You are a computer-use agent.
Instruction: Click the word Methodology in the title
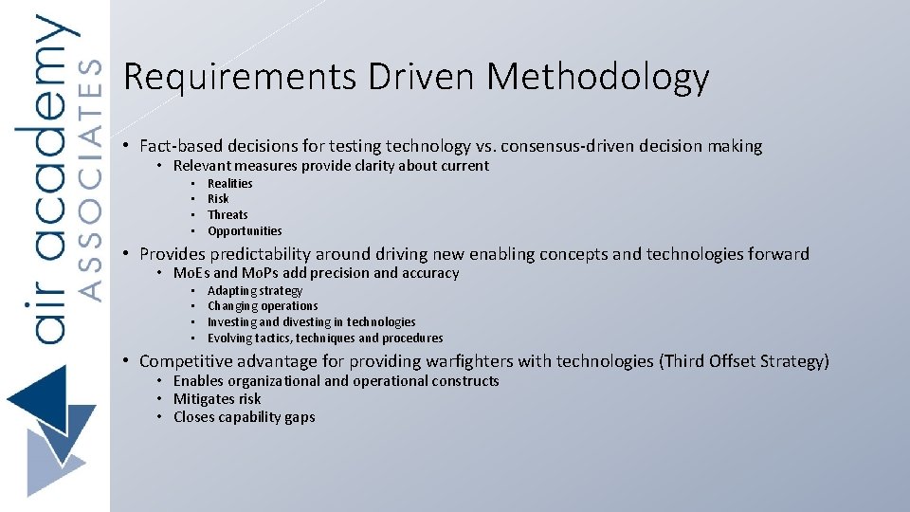point(598,78)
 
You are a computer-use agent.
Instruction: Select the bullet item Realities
point(230,183)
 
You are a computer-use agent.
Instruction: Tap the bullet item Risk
point(218,199)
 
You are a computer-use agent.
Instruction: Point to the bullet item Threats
point(227,215)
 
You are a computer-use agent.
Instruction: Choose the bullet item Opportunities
point(245,231)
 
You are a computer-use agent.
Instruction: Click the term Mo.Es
point(191,273)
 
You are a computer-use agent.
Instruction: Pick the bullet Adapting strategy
point(255,291)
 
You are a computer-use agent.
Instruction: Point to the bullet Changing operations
point(263,306)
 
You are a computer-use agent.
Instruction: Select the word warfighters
point(505,361)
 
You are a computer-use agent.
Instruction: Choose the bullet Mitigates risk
point(217,399)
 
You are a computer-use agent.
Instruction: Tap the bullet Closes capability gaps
point(244,417)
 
